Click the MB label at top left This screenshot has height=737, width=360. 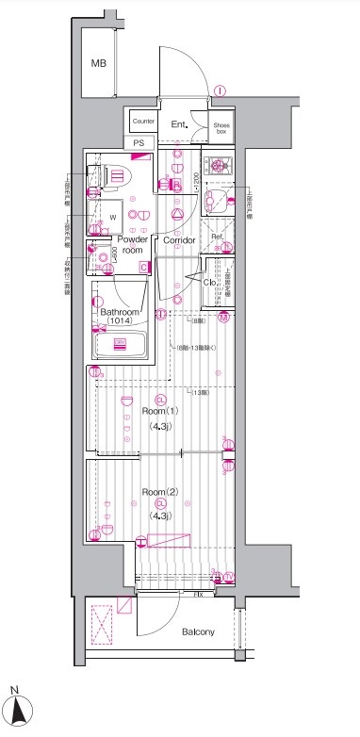click(99, 64)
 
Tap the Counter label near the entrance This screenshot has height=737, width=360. click(143, 122)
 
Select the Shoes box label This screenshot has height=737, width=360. click(221, 127)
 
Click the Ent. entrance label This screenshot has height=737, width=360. click(180, 123)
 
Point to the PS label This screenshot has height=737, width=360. click(139, 142)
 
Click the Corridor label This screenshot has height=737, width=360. click(179, 241)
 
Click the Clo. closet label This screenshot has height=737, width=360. click(211, 280)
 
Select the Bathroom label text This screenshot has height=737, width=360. click(121, 312)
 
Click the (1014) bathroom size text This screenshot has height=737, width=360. click(120, 322)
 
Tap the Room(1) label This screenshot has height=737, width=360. click(160, 411)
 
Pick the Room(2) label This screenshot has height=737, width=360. click(160, 492)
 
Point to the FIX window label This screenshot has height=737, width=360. click(198, 595)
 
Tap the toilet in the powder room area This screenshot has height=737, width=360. click(117, 175)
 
